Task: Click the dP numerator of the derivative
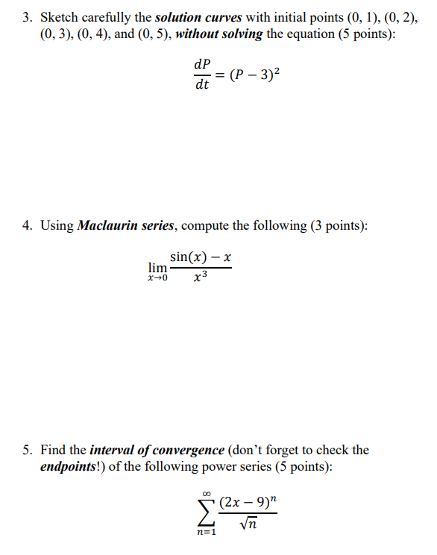point(201,65)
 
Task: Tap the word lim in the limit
point(157,267)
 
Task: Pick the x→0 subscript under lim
point(157,280)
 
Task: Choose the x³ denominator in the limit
point(201,279)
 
